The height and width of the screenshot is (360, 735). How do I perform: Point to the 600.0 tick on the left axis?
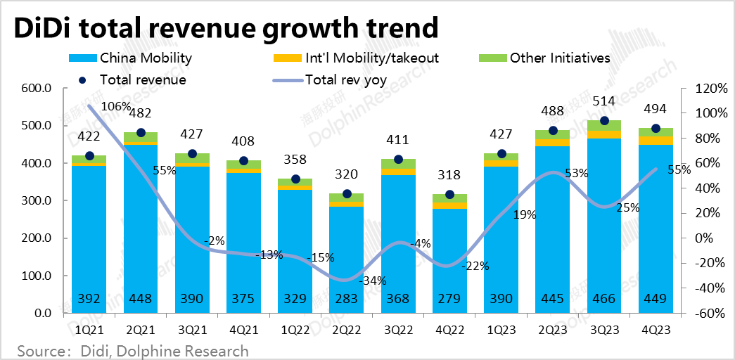[36, 89]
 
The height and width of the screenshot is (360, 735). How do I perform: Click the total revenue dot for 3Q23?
[604, 121]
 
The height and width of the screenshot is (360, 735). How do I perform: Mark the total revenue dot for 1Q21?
[89, 155]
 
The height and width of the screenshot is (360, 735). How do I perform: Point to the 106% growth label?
[115, 107]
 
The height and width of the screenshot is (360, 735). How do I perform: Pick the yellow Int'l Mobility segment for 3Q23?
[604, 134]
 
